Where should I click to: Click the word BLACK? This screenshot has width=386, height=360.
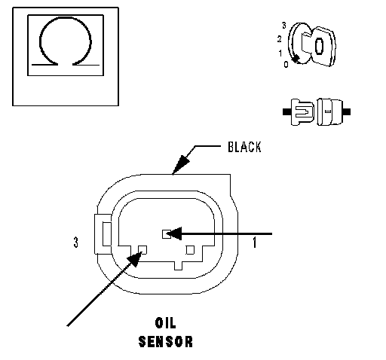coord(244,147)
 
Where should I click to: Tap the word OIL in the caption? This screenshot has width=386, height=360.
coord(166,323)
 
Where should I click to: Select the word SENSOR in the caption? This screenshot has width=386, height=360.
coord(166,342)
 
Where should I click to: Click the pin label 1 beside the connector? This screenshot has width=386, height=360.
coord(255,243)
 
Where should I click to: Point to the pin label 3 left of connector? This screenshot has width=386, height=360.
coord(75,243)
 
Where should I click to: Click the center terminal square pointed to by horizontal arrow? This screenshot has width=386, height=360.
coord(166,234)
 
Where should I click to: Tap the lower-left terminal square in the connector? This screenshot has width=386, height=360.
coord(142,250)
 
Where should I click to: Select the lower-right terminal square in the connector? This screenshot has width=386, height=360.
coord(190,250)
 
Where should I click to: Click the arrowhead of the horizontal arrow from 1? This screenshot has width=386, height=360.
coord(174,233)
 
